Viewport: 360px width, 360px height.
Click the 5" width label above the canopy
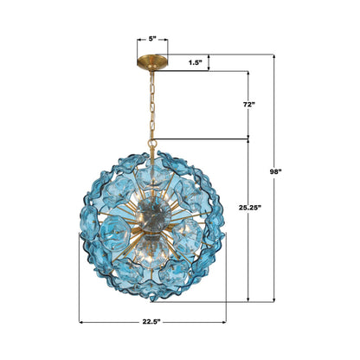tap(152, 39)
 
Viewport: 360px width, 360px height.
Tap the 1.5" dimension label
tap(198, 62)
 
